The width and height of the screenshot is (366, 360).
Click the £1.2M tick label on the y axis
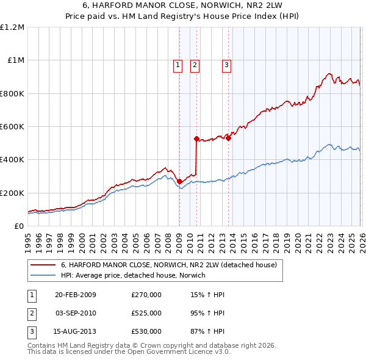tap(12, 27)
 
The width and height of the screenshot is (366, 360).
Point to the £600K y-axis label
tap(12, 127)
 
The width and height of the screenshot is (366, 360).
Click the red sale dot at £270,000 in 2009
tap(179, 181)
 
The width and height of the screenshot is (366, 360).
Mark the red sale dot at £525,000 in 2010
tap(196, 139)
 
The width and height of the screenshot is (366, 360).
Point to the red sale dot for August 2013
tap(228, 138)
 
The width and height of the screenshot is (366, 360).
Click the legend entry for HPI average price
tap(133, 275)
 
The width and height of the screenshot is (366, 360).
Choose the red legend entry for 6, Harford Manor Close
tap(168, 265)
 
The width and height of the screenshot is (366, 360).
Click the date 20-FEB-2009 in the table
tap(75, 295)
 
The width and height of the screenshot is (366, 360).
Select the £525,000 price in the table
tap(146, 313)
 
